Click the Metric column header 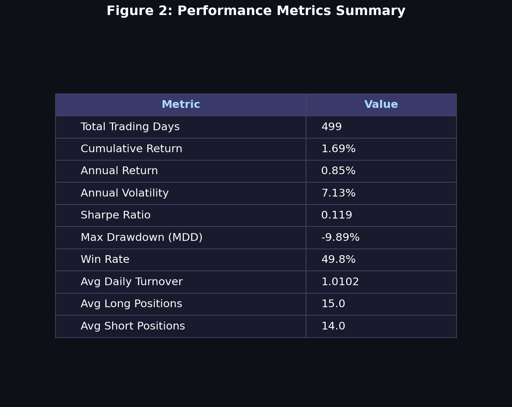click(181, 105)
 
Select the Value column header click(381, 105)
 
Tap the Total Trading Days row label click(130, 127)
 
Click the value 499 click(331, 127)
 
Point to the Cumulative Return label click(131, 149)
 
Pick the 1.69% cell click(338, 149)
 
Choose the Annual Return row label click(119, 171)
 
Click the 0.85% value click(338, 171)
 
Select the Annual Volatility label click(125, 193)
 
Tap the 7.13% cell click(338, 193)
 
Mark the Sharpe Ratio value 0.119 click(336, 215)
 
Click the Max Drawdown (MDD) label click(141, 238)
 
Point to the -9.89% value click(340, 238)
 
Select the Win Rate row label click(105, 260)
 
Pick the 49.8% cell click(338, 260)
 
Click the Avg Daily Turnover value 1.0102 click(340, 282)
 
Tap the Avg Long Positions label click(131, 304)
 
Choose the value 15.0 click(333, 304)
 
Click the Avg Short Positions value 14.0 click(333, 326)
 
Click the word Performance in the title click(225, 11)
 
